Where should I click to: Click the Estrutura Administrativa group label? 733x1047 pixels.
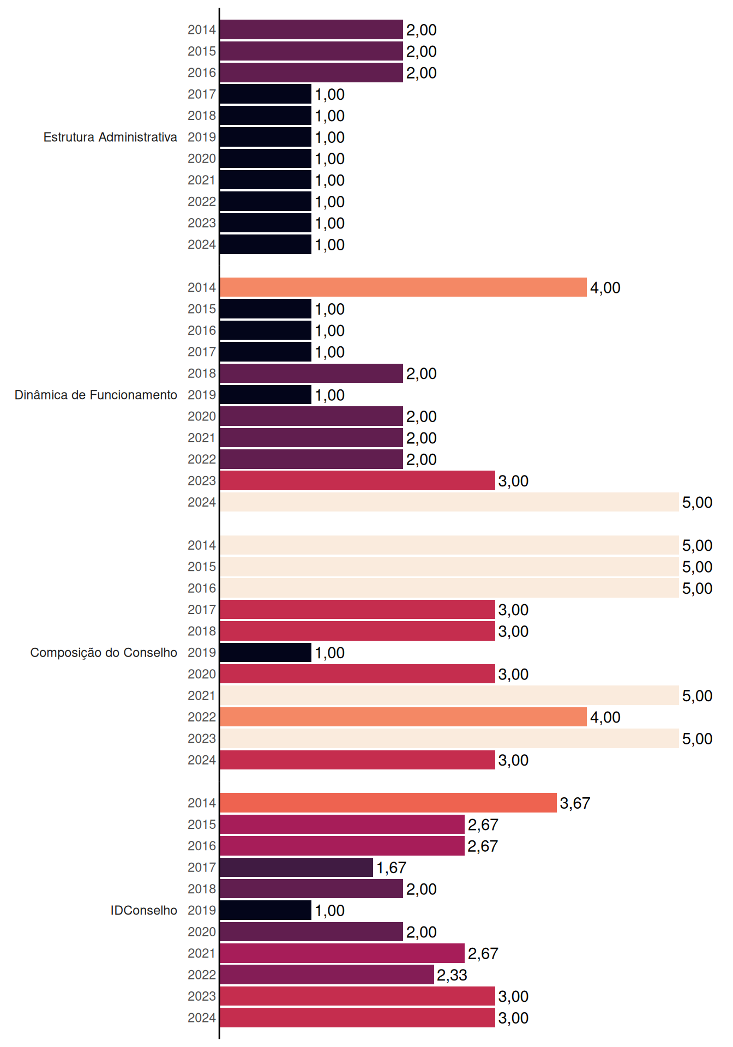pyautogui.click(x=110, y=137)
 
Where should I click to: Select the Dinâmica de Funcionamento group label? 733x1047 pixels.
pyautogui.click(x=96, y=395)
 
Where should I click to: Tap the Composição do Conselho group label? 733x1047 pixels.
pyautogui.click(x=104, y=653)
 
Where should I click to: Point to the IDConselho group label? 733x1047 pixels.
pyautogui.click(x=144, y=910)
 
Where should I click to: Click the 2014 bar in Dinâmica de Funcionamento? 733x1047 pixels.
pyautogui.click(x=403, y=287)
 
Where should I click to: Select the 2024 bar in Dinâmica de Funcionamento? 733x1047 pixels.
pyautogui.click(x=449, y=502)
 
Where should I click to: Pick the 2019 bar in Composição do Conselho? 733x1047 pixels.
pyautogui.click(x=266, y=653)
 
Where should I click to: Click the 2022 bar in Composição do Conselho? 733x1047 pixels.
pyautogui.click(x=403, y=717)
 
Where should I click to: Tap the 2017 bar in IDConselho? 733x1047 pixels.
pyautogui.click(x=296, y=867)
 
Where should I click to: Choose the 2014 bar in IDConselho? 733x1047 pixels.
pyautogui.click(x=388, y=803)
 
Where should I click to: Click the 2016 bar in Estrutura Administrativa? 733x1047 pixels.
pyautogui.click(x=311, y=73)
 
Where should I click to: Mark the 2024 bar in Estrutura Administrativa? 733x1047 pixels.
pyautogui.click(x=266, y=244)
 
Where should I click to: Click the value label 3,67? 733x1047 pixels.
pyautogui.click(x=575, y=803)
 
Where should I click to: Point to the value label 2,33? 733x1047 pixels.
pyautogui.click(x=452, y=975)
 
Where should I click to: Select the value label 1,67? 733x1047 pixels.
pyautogui.click(x=391, y=868)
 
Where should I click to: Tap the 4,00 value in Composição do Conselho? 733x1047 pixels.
pyautogui.click(x=605, y=718)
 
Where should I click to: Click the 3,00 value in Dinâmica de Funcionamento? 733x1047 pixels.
pyautogui.click(x=513, y=481)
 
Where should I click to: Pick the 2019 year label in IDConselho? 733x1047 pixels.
pyautogui.click(x=202, y=910)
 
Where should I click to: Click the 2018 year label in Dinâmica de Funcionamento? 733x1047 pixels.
pyautogui.click(x=202, y=373)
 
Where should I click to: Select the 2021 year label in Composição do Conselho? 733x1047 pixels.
pyautogui.click(x=202, y=695)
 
